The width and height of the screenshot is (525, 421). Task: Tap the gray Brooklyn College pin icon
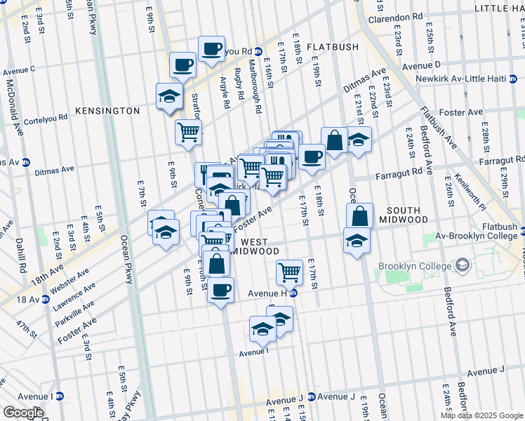click(463, 266)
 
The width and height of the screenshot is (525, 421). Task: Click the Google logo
click(22, 413)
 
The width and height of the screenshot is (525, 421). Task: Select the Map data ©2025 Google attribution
click(481, 415)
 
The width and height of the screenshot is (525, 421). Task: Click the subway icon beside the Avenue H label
click(295, 293)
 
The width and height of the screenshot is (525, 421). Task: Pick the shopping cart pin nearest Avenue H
click(289, 271)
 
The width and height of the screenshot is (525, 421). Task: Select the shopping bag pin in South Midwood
click(359, 217)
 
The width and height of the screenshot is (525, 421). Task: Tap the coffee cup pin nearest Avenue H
click(221, 289)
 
